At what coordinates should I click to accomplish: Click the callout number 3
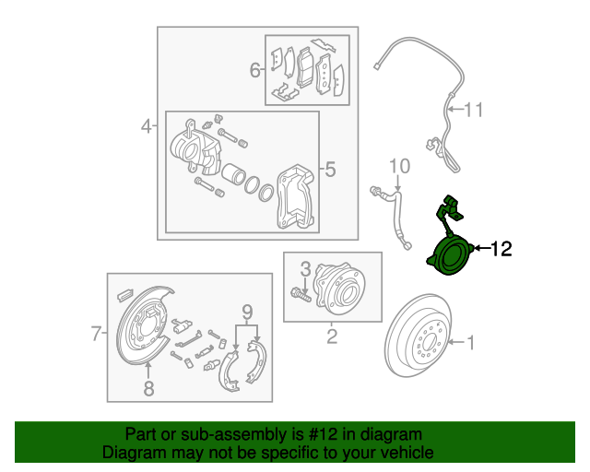(x=305, y=268)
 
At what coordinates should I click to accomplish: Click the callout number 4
(x=146, y=125)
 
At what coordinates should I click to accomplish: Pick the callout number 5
(x=330, y=170)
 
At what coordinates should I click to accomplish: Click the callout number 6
(x=254, y=70)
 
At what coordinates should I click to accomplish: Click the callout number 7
(x=96, y=334)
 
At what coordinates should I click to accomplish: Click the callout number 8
(x=149, y=388)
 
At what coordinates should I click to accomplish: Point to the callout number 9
(x=246, y=311)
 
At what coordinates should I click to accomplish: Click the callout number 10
(x=398, y=166)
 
